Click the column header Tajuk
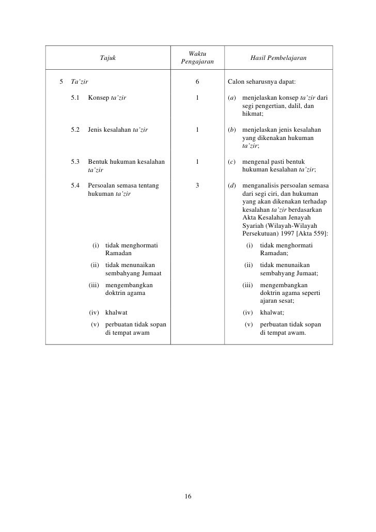point(108,58)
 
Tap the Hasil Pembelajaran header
point(278,58)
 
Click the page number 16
point(188,496)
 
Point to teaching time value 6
point(197,81)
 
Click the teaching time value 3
point(197,185)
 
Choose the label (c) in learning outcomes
point(232,162)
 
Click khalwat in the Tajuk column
point(116,312)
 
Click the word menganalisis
point(263,185)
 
